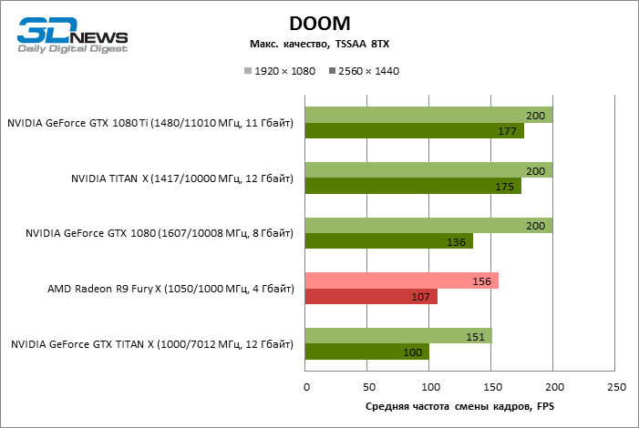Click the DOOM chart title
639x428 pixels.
coord(319,23)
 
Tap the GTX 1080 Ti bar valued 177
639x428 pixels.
coord(415,131)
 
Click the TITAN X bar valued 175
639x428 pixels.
coord(413,186)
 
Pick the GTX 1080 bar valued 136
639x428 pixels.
coord(389,241)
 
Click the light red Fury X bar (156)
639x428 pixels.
coord(401,280)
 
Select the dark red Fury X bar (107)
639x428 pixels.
coord(371,297)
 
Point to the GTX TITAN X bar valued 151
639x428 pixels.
coord(398,336)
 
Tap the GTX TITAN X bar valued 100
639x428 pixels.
coord(367,352)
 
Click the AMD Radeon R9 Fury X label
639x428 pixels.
coord(170,290)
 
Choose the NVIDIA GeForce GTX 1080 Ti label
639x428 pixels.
coord(150,123)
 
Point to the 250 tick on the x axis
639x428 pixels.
coord(615,388)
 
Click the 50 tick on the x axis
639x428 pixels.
coord(367,388)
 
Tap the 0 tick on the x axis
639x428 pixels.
coord(305,388)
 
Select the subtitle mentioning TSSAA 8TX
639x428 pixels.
coord(319,45)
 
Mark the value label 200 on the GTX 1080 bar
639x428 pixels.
coord(537,226)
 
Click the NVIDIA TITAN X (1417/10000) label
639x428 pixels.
coord(182,178)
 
